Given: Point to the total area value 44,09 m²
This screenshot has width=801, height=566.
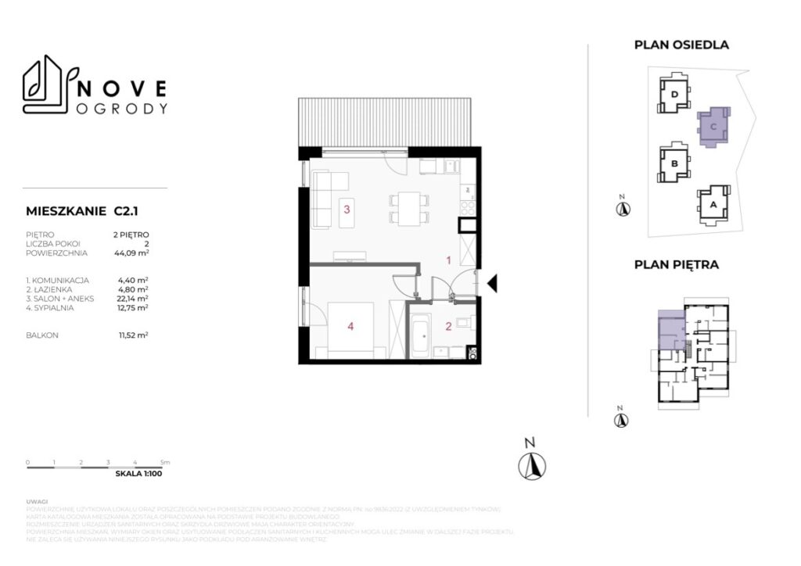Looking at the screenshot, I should tap(131, 253).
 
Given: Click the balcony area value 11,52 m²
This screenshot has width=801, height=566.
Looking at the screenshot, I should tap(131, 335).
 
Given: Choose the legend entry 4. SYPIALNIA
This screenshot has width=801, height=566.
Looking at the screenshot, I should tap(52, 307).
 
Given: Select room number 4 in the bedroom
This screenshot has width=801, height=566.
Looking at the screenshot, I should tap(350, 328).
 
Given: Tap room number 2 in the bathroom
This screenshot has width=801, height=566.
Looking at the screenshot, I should tap(449, 327).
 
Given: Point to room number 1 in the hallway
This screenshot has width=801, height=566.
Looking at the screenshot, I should tap(448, 260).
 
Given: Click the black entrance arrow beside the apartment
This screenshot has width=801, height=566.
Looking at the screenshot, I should tap(492, 284).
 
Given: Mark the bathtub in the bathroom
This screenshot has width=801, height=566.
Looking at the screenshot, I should tap(421, 335).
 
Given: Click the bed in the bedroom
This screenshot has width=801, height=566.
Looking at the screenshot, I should tap(352, 328).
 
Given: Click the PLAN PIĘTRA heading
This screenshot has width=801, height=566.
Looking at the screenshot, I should tap(676, 265).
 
